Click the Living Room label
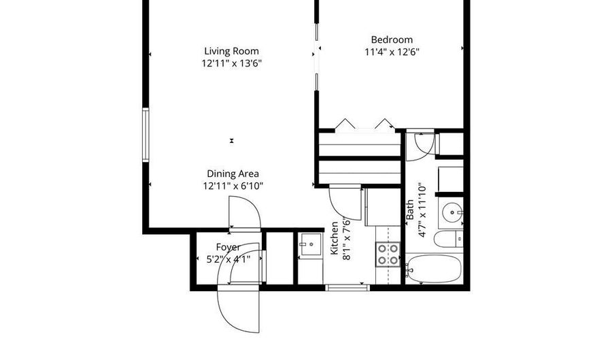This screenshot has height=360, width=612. (x=231, y=51)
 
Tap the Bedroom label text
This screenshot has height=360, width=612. (x=392, y=40)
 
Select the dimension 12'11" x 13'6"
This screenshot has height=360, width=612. (x=231, y=63)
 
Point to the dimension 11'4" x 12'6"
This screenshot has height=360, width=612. (x=392, y=52)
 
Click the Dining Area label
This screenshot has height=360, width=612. (x=233, y=174)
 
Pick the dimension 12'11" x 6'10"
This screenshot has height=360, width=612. (x=233, y=186)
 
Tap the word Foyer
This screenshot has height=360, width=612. (x=228, y=247)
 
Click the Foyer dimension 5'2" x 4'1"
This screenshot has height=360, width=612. (x=228, y=259)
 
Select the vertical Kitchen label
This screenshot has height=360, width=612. (x=335, y=238)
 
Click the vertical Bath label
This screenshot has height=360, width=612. (x=410, y=210)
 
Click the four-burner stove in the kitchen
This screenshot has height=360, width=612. (x=388, y=255)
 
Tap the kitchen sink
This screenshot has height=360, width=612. (x=311, y=245)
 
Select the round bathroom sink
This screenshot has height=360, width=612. (x=452, y=213)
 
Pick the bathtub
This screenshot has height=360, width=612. (x=434, y=269)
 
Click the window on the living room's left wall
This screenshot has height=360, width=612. (x=146, y=135)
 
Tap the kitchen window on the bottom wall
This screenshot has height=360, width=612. (x=347, y=288)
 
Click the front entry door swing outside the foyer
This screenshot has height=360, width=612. (x=239, y=308)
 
